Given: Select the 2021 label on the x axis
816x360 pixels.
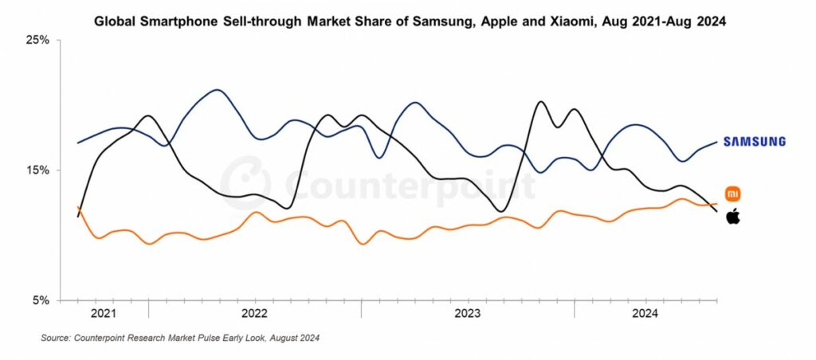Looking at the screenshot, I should pos(104,314).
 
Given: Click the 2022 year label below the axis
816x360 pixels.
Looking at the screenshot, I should pos(254,314).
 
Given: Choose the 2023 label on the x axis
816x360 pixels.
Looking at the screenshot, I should pos(467,314).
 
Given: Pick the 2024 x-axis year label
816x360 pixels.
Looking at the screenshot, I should pos(645,314).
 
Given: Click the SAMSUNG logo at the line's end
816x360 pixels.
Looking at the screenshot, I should pos(754,142).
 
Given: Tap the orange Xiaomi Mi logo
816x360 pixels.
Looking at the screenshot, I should pos(733,194).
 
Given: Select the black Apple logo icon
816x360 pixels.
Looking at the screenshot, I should pos(733,216).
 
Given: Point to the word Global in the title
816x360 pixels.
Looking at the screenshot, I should pos(116,22).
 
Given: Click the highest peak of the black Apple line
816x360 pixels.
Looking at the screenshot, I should pos(541,101).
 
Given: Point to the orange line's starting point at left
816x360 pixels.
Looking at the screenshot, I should pos(77,207).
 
